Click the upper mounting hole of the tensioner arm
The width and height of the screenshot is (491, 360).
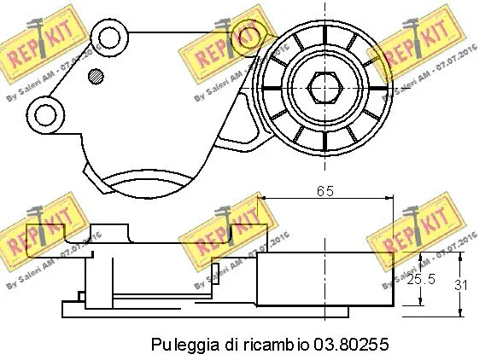[108, 38]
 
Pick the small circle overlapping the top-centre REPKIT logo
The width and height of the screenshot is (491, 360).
[248, 37]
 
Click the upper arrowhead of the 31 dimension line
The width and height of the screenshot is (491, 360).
[462, 255]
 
